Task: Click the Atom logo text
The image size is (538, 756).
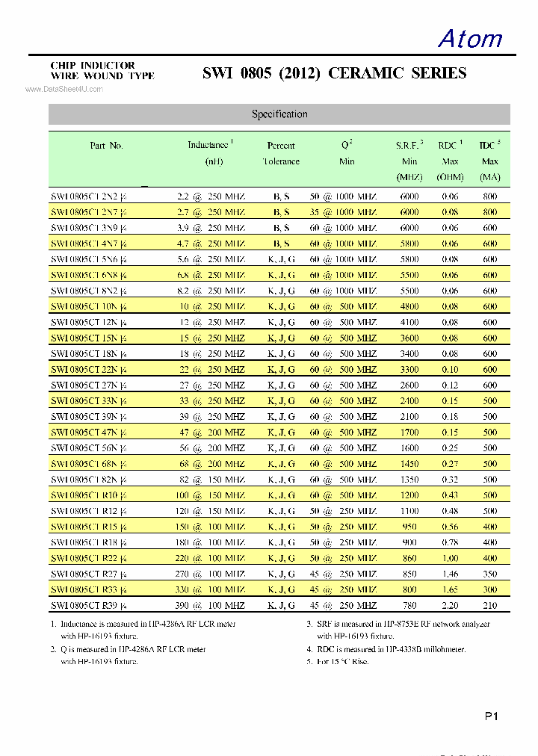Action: point(470,38)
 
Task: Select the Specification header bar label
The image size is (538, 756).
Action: point(279,114)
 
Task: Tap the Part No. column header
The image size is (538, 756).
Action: point(106,146)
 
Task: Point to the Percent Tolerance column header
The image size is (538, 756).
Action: point(281,153)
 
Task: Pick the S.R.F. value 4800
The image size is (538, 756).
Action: point(409,306)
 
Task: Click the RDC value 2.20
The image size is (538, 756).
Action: point(450,605)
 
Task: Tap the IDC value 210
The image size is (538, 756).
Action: point(489,605)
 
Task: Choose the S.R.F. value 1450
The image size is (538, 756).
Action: point(409,464)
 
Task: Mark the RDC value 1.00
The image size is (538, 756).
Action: point(450,558)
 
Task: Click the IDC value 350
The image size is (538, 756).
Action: point(489,574)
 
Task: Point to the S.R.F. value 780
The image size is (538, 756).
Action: point(409,605)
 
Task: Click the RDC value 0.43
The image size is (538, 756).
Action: point(450,495)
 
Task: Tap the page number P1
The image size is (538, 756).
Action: point(491,716)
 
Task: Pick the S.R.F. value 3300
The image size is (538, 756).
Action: point(409,370)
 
